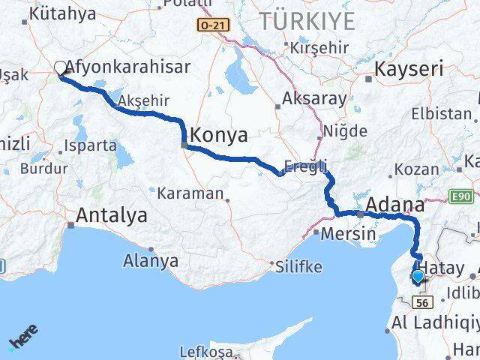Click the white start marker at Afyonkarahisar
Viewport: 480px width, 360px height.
pyautogui.click(x=60, y=68)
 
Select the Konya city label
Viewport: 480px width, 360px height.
pyautogui.click(x=220, y=136)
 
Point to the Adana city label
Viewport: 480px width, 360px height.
pyautogui.click(x=394, y=204)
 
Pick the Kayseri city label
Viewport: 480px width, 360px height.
pyautogui.click(x=415, y=70)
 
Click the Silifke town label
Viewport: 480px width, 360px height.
pyautogui.click(x=298, y=266)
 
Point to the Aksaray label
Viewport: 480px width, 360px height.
pyautogui.click(x=315, y=98)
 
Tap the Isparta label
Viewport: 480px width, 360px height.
pyautogui.click(x=91, y=145)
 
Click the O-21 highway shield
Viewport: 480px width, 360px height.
pyautogui.click(x=212, y=25)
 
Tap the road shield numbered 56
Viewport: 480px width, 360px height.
pyautogui.click(x=423, y=301)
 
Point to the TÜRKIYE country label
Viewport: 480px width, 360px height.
pyautogui.click(x=306, y=21)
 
